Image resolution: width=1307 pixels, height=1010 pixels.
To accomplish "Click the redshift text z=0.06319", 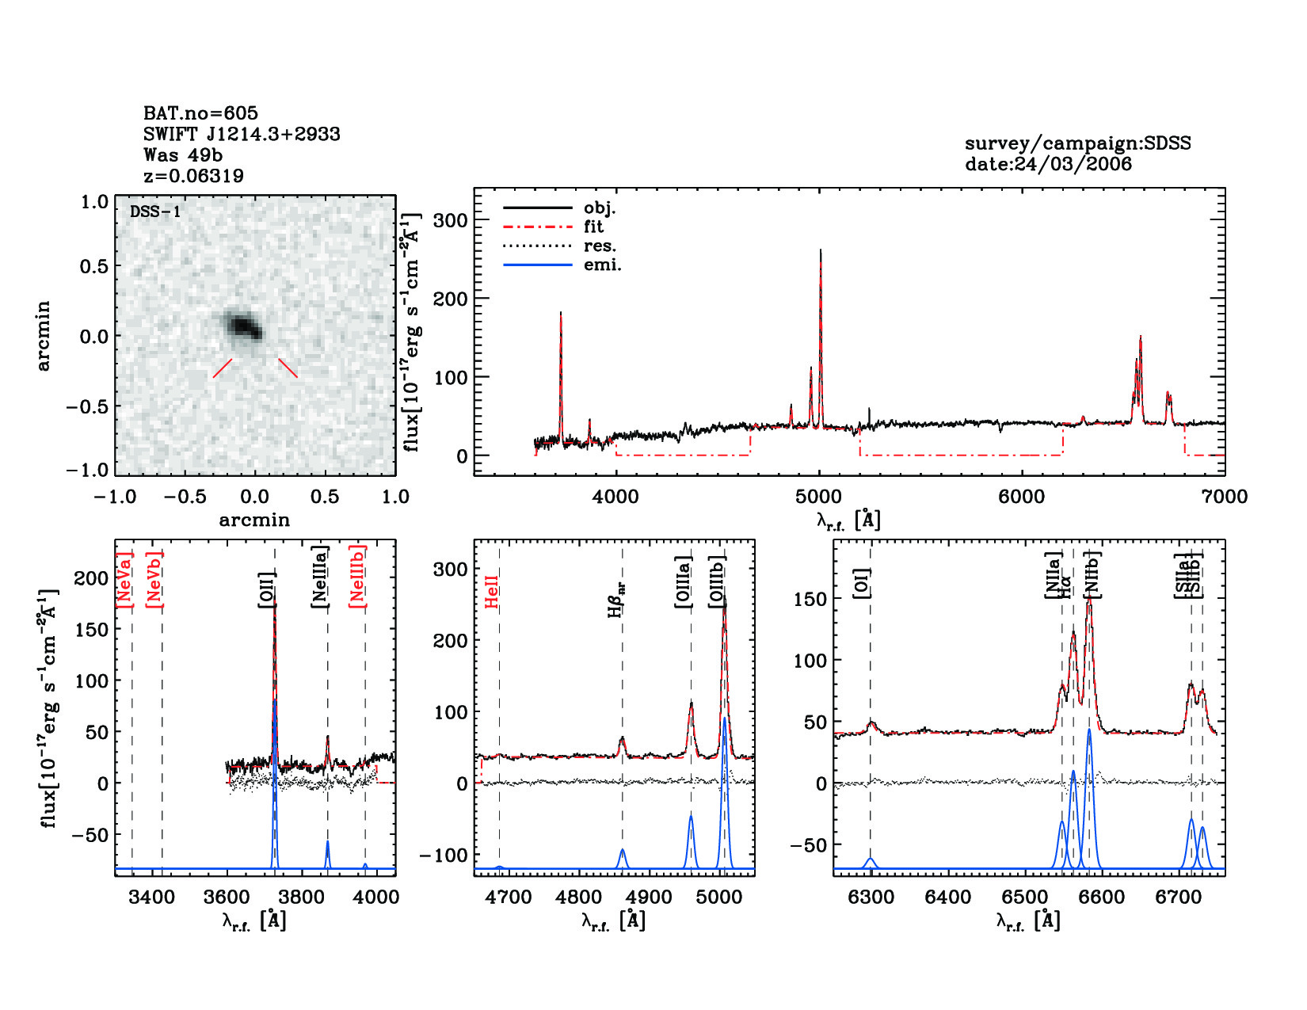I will [193, 176].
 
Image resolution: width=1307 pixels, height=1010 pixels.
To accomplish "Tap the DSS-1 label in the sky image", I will [155, 212].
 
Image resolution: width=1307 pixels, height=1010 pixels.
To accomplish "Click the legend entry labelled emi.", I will [602, 265].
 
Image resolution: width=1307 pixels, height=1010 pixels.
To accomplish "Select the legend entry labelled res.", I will [600, 246].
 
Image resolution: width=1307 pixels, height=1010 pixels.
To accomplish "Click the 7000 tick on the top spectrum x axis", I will [1225, 497].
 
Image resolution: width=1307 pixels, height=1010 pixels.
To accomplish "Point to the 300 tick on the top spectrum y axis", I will [451, 220].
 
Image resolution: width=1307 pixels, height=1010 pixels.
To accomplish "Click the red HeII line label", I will [492, 592].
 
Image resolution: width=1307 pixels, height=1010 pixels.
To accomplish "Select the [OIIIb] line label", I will [718, 581].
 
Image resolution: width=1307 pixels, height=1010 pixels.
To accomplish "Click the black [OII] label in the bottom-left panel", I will [267, 589].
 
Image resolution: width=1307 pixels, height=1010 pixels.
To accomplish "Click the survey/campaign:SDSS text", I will [1077, 143].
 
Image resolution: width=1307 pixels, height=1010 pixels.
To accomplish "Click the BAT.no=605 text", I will [200, 113].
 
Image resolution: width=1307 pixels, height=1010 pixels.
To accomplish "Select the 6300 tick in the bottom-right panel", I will [871, 897].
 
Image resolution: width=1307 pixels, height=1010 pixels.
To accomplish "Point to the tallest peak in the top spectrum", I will [820, 252].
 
